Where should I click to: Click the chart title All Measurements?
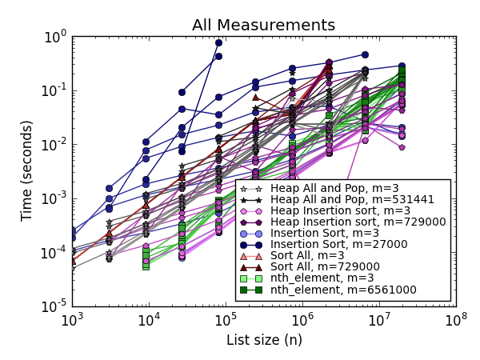click(x=263, y=25)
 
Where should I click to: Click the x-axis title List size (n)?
click(x=263, y=340)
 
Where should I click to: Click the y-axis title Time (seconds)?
click(x=26, y=170)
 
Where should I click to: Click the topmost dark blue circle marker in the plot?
click(x=218, y=42)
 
